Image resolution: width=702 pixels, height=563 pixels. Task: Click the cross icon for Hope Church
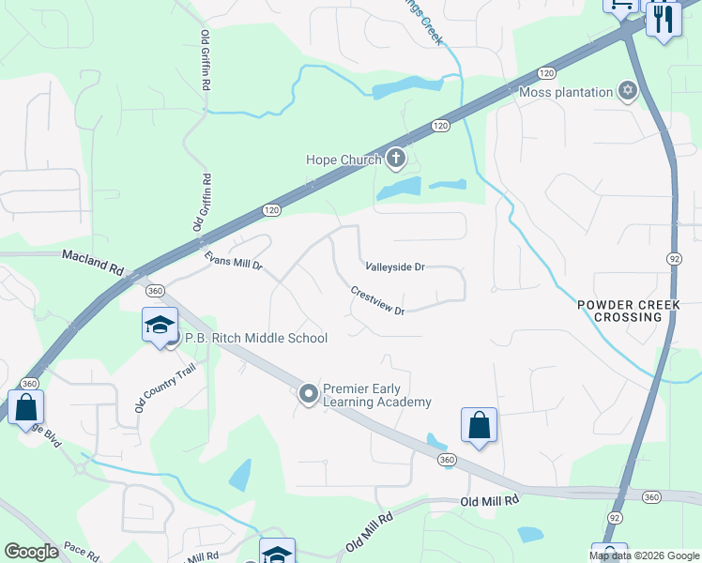coord(395,160)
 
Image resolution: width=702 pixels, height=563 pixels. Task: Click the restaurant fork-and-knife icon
coord(664,18)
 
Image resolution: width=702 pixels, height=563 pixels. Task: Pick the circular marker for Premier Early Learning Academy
coord(308,395)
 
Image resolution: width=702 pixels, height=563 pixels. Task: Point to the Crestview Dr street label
coord(377,301)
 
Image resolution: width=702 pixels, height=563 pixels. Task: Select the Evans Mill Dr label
coord(235,259)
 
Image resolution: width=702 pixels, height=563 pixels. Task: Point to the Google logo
coord(31,552)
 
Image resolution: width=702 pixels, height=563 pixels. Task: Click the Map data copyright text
coord(643,555)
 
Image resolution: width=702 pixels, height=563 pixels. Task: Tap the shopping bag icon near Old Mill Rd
coord(479,424)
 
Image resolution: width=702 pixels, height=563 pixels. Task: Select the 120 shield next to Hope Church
coord(439,126)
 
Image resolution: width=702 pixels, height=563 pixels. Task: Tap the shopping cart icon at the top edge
coord(620,5)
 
